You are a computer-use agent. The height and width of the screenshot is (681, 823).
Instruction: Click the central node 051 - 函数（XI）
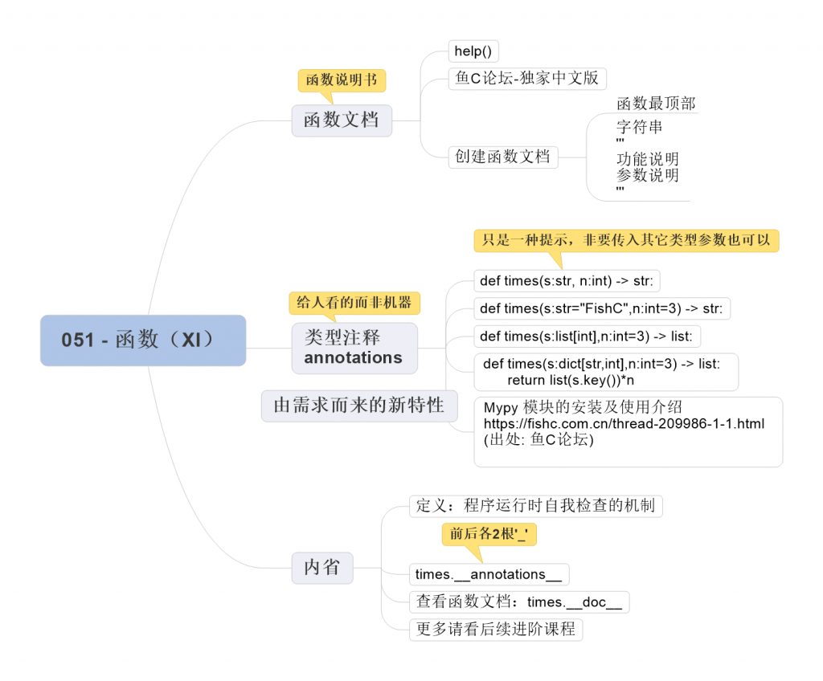click(x=143, y=340)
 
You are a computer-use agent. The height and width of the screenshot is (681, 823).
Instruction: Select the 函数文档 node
click(x=342, y=120)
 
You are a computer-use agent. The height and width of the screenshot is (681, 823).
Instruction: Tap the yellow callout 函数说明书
click(x=342, y=80)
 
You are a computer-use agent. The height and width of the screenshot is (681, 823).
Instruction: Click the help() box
click(x=473, y=51)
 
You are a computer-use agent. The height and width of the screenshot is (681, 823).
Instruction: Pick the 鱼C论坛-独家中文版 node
click(x=526, y=78)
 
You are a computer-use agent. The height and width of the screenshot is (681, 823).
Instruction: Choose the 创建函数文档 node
click(x=502, y=156)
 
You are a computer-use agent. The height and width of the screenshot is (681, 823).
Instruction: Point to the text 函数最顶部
click(x=655, y=104)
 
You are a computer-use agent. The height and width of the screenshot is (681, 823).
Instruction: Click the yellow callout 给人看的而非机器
click(x=354, y=302)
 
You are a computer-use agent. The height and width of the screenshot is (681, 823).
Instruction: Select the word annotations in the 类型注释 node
click(x=353, y=358)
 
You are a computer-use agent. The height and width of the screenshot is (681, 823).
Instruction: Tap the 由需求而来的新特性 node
click(x=358, y=406)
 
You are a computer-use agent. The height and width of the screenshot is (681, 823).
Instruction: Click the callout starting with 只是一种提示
click(x=626, y=240)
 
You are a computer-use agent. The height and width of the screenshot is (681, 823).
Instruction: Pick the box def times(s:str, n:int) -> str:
click(x=567, y=280)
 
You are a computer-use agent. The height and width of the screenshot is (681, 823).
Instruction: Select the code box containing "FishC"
click(x=600, y=308)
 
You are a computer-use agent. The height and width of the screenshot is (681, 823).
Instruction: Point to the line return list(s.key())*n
click(x=570, y=379)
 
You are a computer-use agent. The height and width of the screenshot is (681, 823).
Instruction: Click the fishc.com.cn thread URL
click(x=623, y=423)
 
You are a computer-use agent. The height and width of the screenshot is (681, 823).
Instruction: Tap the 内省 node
click(x=321, y=567)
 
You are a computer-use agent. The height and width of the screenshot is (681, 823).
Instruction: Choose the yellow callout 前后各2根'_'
click(x=489, y=533)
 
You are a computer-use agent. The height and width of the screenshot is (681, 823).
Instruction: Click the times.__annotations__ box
click(x=488, y=574)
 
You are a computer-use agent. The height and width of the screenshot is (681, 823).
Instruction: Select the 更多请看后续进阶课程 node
click(x=495, y=629)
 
